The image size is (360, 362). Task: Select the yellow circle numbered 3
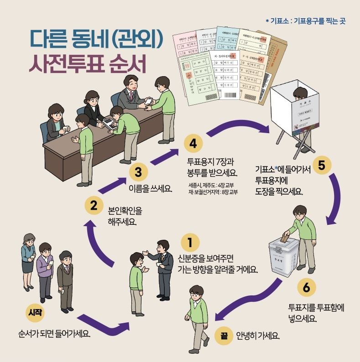pyautogui.click(x=138, y=172)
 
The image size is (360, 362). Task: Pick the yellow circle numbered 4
pyautogui.click(x=193, y=143)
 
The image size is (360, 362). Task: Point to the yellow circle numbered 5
pyautogui.click(x=321, y=165)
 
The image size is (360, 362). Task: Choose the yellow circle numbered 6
pyautogui.click(x=306, y=288)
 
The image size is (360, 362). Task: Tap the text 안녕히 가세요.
pyautogui.click(x=257, y=336)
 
